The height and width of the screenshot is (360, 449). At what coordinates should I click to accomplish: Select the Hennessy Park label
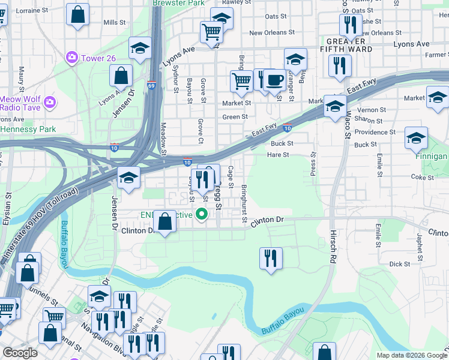point(28,129)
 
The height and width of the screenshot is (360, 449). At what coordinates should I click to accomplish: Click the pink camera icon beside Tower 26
point(73,58)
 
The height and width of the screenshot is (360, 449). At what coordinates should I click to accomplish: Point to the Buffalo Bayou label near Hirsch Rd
point(283,322)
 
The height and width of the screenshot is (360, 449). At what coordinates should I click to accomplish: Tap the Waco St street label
point(346,124)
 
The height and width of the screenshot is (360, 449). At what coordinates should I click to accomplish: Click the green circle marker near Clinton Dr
point(203,214)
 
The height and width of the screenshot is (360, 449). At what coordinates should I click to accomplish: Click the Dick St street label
point(399,263)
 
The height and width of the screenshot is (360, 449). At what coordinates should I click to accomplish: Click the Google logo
point(21,353)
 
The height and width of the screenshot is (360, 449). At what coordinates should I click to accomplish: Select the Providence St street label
point(375,132)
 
